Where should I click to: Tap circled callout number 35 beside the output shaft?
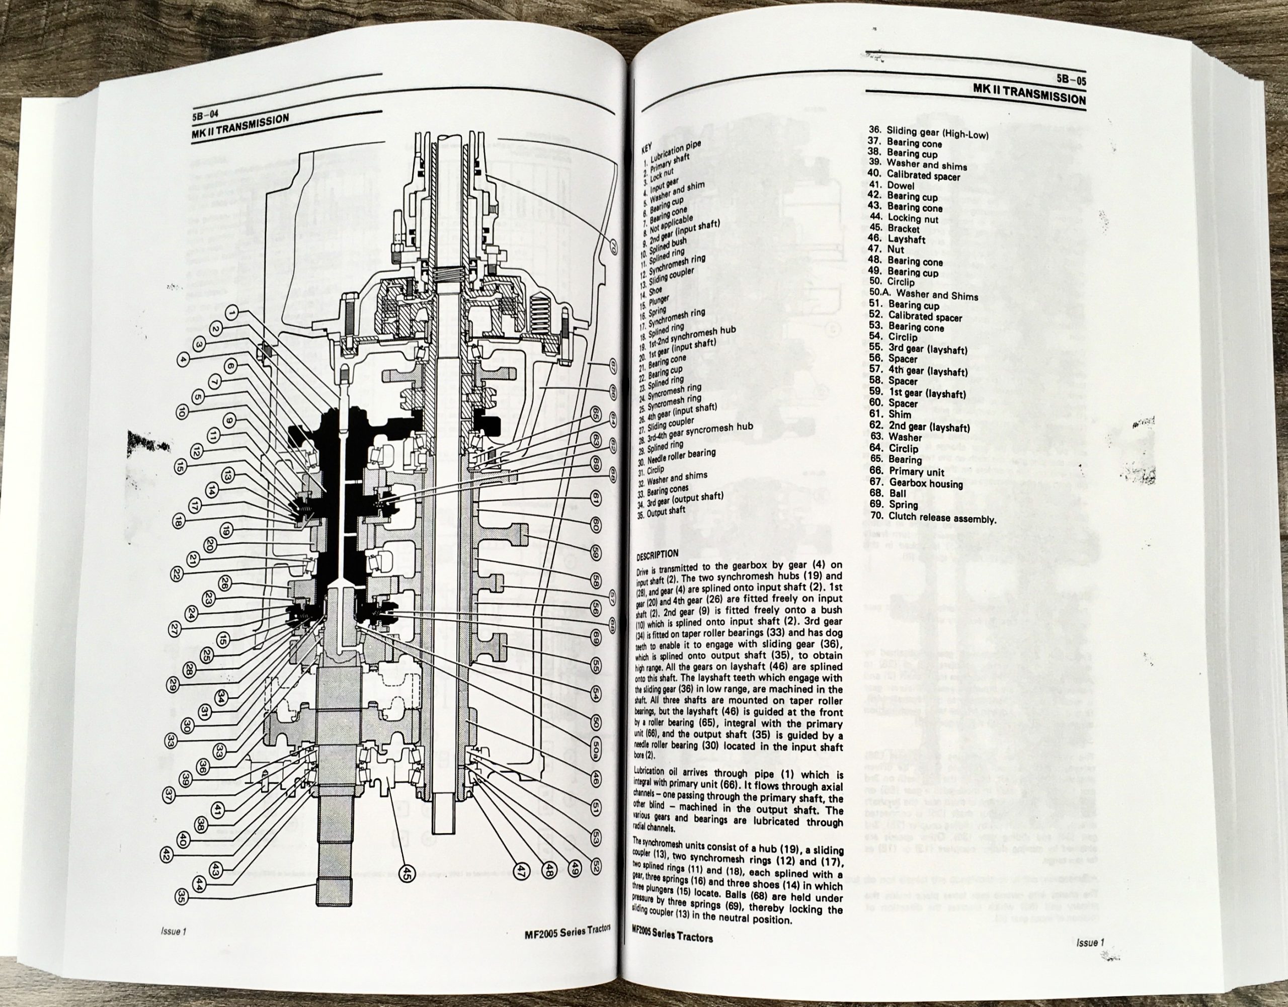pos(181,897)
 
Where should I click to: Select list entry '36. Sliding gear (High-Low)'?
pos(928,133)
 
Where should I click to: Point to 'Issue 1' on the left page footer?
pos(173,932)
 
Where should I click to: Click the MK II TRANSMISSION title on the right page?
pos(1029,95)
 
